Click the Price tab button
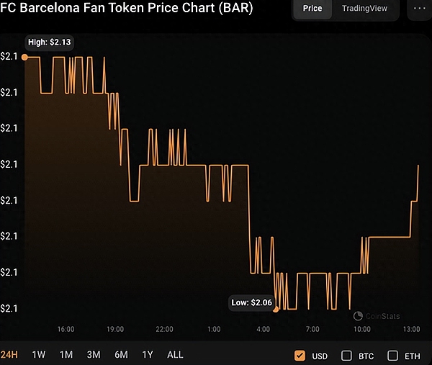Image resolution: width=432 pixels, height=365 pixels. point(312,9)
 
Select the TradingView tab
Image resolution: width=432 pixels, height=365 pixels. point(364,9)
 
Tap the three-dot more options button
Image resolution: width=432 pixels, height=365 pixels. point(420,9)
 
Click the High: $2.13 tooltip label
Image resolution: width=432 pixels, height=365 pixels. point(49,42)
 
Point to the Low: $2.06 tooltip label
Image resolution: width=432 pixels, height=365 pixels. point(251,302)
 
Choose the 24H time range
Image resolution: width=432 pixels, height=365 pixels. point(10,355)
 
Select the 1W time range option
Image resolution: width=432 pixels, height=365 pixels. point(39,355)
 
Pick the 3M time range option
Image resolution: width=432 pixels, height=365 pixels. point(94,355)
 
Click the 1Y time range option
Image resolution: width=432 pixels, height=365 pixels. point(148,355)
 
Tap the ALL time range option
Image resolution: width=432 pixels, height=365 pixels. point(175,355)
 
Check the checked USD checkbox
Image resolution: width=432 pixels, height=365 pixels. point(300,355)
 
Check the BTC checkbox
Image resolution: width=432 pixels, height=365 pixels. point(346,355)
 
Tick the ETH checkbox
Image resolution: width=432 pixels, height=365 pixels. point(392,355)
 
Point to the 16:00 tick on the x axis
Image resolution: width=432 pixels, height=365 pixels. point(66,329)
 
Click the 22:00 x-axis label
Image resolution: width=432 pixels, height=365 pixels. point(164,329)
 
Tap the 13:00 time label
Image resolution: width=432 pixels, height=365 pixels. point(411,329)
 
